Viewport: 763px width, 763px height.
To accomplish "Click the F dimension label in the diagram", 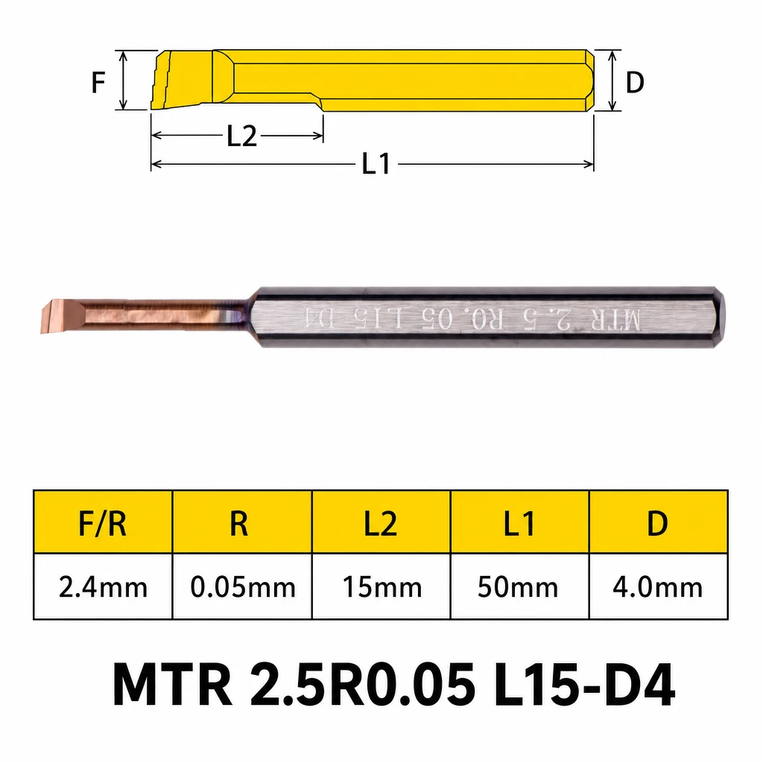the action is [98, 82].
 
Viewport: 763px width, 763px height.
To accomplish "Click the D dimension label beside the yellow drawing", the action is [635, 82].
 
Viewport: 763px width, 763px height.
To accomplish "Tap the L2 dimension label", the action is [242, 136].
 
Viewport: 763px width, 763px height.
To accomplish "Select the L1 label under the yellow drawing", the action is [376, 163].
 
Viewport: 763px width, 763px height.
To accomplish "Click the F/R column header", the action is [103, 524].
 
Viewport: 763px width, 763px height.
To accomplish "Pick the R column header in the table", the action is [239, 524].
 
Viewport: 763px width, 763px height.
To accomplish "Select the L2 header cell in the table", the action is [381, 524].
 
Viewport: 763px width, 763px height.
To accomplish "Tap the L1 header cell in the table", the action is [519, 524].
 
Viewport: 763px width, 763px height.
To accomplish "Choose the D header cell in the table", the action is [657, 524].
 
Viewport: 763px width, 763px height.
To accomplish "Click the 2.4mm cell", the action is [103, 587].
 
